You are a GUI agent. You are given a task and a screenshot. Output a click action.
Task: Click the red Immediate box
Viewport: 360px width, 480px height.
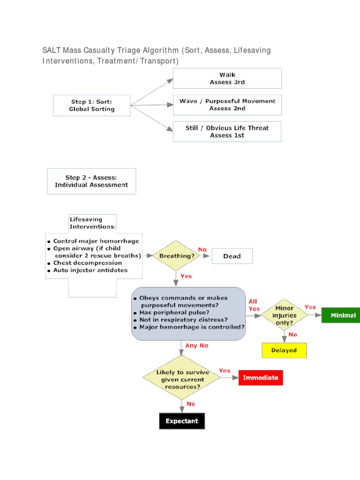pos(261,378)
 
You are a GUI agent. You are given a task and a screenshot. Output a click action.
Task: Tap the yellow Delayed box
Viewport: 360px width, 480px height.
pos(284,350)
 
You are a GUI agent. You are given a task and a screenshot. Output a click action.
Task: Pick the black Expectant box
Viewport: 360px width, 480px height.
pos(182,421)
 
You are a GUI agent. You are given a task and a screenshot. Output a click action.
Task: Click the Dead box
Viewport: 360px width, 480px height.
pos(232,256)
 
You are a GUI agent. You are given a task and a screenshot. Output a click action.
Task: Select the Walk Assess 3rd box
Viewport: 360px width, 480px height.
pos(227,78)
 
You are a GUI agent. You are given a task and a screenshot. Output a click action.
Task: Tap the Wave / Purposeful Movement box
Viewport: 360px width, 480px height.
pos(227,105)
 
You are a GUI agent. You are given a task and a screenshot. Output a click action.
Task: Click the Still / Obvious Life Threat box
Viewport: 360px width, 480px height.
pos(227,132)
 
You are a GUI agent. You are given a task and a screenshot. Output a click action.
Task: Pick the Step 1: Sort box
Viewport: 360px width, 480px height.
pos(91,105)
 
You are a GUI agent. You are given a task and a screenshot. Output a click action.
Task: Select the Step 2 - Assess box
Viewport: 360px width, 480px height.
pos(91,181)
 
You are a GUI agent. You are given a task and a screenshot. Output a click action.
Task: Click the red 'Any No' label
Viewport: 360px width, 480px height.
pos(196,345)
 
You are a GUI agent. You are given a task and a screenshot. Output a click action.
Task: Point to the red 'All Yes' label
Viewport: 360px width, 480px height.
pos(254,305)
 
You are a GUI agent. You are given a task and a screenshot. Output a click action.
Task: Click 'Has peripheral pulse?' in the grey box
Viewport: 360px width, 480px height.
pos(174,312)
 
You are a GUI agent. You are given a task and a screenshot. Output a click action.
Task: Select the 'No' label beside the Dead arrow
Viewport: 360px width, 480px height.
pos(202,250)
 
